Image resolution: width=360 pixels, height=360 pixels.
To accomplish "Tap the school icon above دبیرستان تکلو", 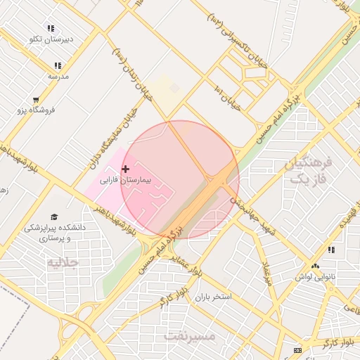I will [x=51, y=27].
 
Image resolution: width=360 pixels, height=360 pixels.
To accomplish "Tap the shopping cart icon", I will [x=36, y=100].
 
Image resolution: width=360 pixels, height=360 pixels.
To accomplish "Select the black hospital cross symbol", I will [x=126, y=169].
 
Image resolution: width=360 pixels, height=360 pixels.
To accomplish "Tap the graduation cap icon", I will [x=54, y=216].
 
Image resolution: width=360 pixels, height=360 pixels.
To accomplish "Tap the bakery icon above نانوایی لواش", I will [x=316, y=266].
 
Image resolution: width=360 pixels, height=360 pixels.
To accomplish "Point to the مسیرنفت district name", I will [x=189, y=335].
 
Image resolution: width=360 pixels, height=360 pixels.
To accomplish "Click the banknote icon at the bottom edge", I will [x=297, y=350].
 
